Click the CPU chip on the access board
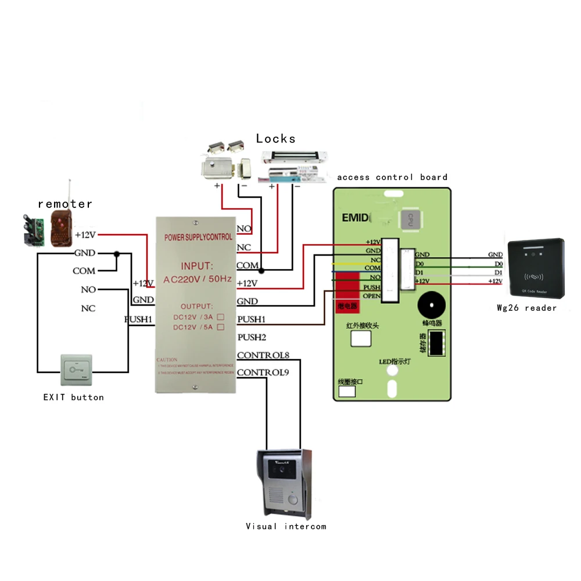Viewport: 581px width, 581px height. coord(409,220)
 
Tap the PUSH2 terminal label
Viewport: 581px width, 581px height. coord(252,337)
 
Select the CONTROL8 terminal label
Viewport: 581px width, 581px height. coord(263,355)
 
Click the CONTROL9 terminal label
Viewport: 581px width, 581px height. coord(263,372)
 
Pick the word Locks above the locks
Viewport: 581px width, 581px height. coord(275,138)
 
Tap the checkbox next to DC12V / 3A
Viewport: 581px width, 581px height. coord(221,318)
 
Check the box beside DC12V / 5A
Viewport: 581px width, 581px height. coord(221,328)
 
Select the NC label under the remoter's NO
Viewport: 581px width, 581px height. coord(88,309)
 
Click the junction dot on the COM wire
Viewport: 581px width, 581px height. coord(261,270)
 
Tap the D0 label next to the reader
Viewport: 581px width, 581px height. coord(498,264)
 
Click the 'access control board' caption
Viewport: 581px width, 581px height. coord(392,177)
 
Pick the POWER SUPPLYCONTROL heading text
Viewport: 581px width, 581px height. coord(198,237)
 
